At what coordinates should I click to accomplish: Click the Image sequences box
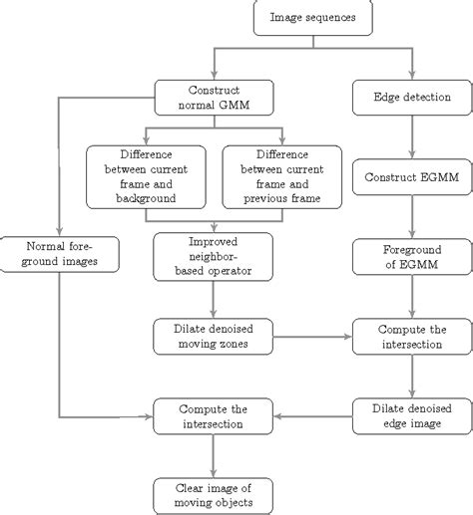tap(313, 17)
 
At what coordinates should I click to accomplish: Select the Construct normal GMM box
tap(215, 98)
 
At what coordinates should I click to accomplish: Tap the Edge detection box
tap(412, 98)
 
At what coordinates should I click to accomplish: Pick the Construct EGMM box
tap(412, 177)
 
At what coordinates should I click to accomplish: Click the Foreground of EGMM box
tap(412, 257)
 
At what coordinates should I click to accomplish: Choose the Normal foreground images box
tap(60, 254)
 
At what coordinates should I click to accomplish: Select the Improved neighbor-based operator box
tap(214, 257)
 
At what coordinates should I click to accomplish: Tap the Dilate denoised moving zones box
tap(214, 337)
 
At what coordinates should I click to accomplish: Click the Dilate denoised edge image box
tap(412, 416)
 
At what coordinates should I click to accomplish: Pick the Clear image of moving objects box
tap(214, 496)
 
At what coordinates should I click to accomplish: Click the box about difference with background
tap(146, 177)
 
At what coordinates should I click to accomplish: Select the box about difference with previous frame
tap(282, 177)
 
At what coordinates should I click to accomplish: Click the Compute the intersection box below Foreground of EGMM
tap(412, 337)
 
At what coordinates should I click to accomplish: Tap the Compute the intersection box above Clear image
tap(214, 416)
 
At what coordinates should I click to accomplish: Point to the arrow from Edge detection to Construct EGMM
tap(412, 137)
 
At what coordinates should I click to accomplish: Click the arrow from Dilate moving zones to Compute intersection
tap(312, 337)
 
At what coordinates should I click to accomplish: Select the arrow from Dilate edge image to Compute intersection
tap(312, 416)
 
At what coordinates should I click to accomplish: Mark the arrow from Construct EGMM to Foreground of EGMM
tap(412, 217)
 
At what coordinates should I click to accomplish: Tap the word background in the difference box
tap(146, 198)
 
